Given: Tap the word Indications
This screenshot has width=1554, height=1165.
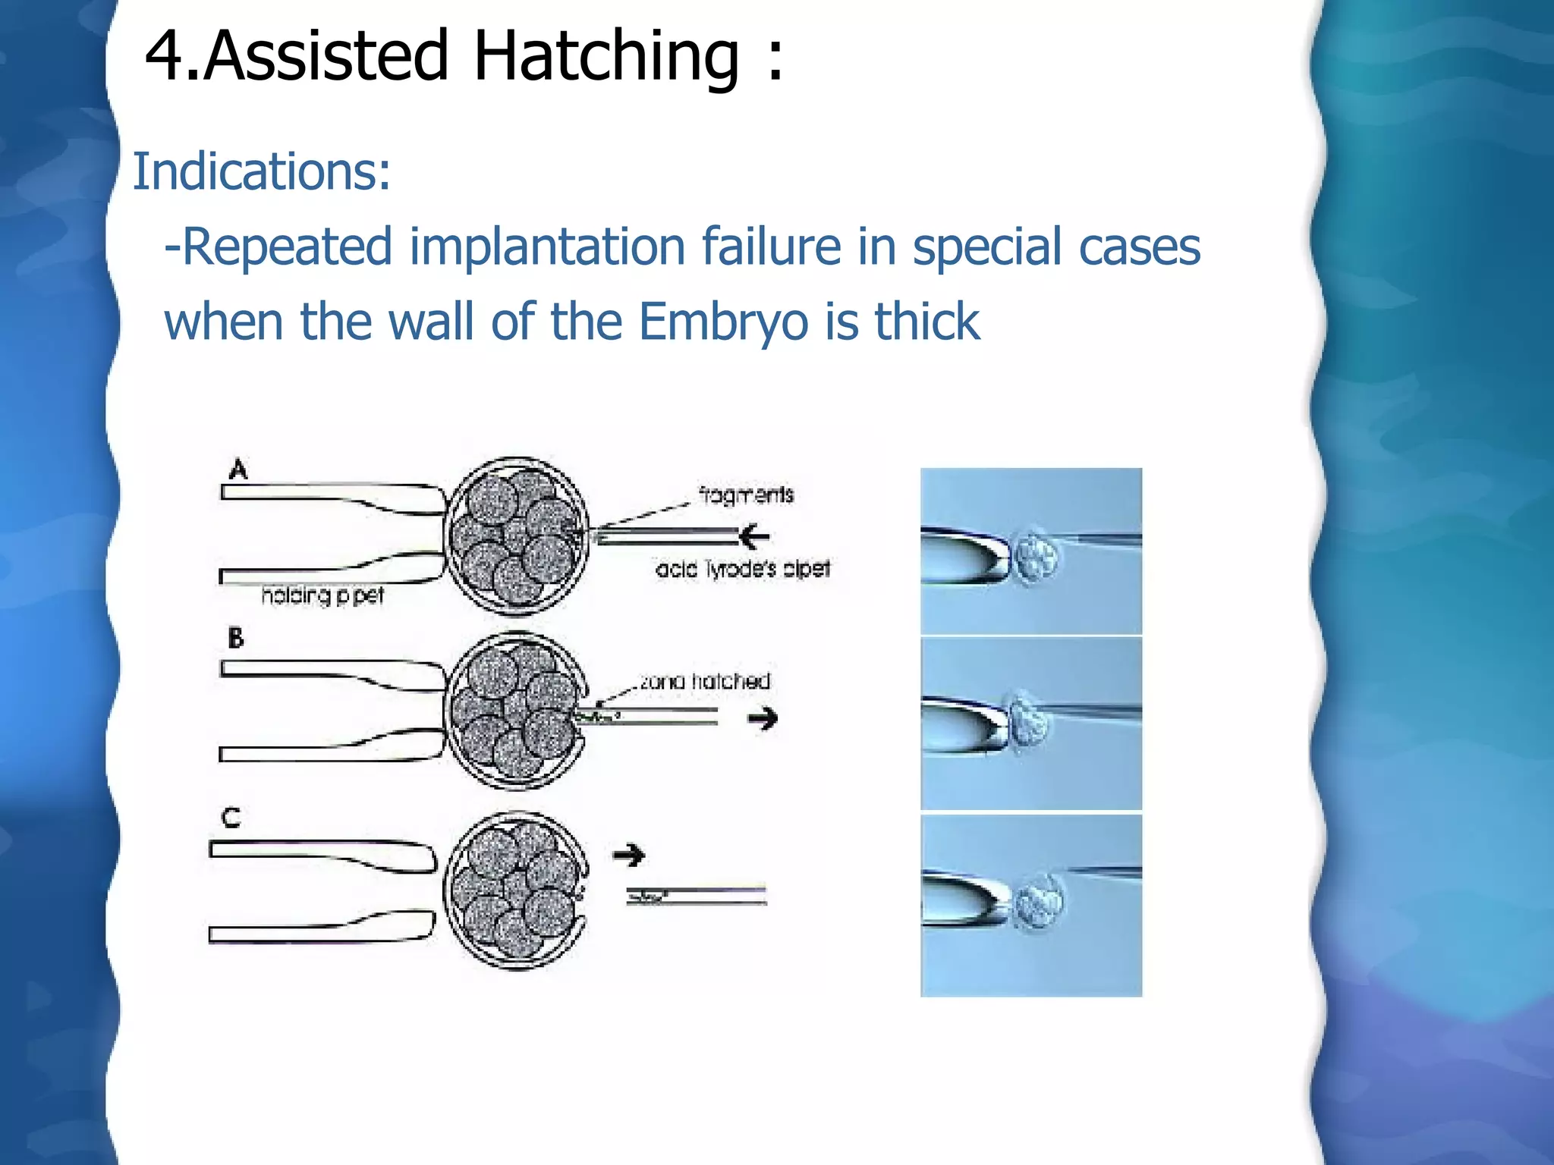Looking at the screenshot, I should click(x=261, y=171).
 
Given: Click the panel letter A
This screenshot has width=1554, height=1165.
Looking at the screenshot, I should click(x=238, y=469).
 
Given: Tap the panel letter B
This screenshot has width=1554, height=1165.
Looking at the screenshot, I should click(x=236, y=638).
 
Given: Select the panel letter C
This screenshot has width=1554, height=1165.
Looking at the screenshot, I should click(x=231, y=818).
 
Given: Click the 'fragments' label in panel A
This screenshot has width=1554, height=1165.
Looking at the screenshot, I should click(x=746, y=495).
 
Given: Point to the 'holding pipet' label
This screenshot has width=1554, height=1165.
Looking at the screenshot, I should click(x=322, y=595).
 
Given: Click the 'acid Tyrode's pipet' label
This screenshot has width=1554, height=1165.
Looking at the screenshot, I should click(x=743, y=569).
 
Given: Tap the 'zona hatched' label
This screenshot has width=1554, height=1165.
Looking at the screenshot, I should click(x=705, y=681).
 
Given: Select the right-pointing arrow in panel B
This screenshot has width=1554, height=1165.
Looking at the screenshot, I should click(x=763, y=718).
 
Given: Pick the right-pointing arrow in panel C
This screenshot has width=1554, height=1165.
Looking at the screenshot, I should click(x=629, y=856).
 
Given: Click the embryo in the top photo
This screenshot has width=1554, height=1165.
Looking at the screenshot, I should click(x=1036, y=557).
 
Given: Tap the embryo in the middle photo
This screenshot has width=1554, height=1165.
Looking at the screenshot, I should click(x=1030, y=721).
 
